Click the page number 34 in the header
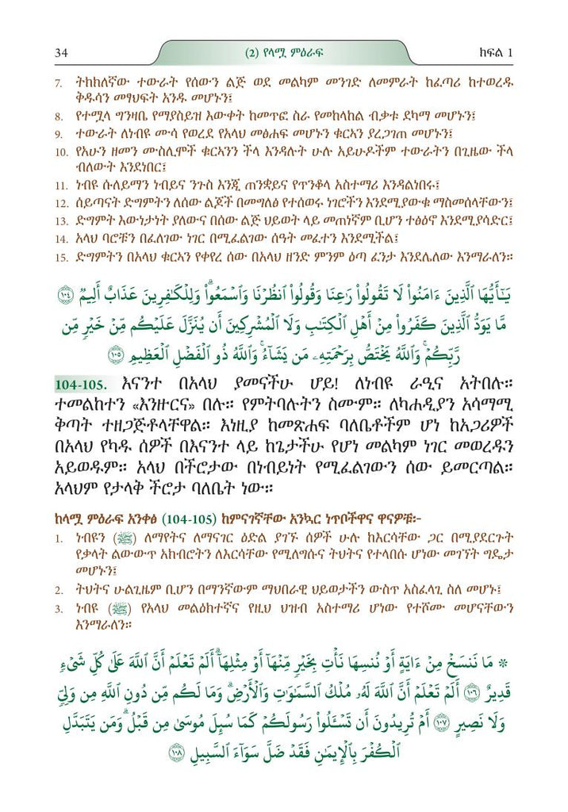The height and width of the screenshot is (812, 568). [60, 53]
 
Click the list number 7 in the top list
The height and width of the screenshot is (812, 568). [57, 83]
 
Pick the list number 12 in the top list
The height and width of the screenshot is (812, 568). [60, 202]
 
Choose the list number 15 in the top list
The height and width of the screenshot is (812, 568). [60, 255]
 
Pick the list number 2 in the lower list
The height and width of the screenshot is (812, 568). [58, 590]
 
